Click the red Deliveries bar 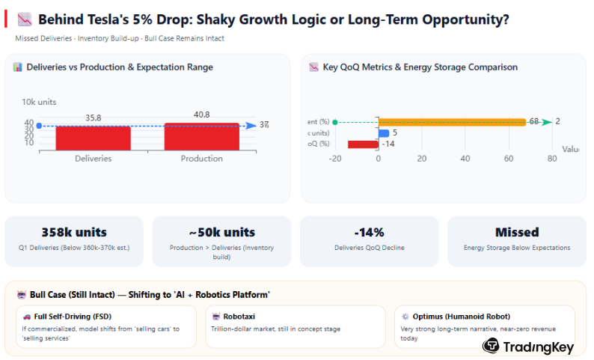point(93,138)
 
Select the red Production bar point(201,136)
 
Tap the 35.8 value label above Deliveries point(93,118)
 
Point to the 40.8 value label point(201,115)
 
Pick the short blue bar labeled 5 point(383,133)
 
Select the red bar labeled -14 point(363,144)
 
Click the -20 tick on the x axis point(334,159)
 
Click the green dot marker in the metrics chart point(334,122)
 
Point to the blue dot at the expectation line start point(39,126)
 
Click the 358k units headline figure point(74,232)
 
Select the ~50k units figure point(221,232)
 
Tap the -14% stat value point(369,232)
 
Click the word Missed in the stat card point(517,232)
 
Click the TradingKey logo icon point(491,345)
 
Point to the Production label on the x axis point(201,158)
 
